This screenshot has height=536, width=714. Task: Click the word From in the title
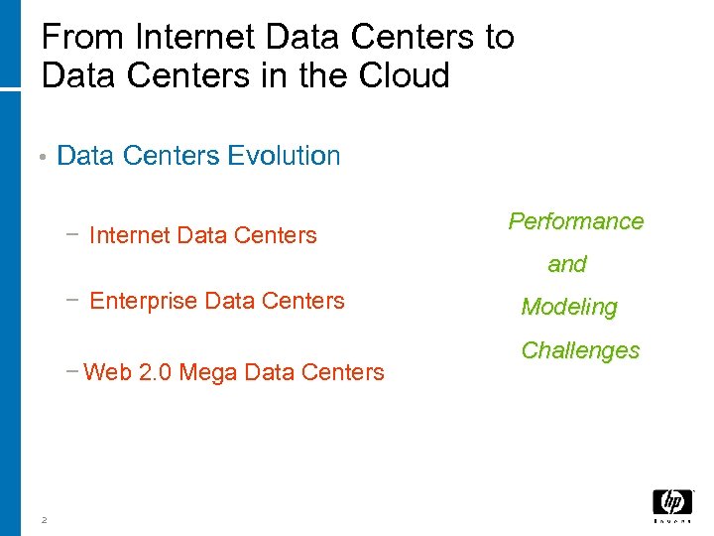[x=83, y=38]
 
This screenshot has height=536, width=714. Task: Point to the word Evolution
[x=284, y=156]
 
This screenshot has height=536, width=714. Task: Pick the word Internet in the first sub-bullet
[x=128, y=236]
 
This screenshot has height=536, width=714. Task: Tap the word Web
[x=107, y=373]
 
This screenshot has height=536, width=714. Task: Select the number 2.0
[x=155, y=373]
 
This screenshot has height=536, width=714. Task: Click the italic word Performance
[x=576, y=221]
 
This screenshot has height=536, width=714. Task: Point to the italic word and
[x=567, y=264]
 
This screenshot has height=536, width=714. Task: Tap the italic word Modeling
[x=569, y=308]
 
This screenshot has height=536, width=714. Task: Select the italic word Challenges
[x=580, y=350]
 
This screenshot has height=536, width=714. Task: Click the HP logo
[x=672, y=503]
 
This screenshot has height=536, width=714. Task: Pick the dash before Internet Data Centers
[x=72, y=234]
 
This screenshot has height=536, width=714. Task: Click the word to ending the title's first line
[x=499, y=38]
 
